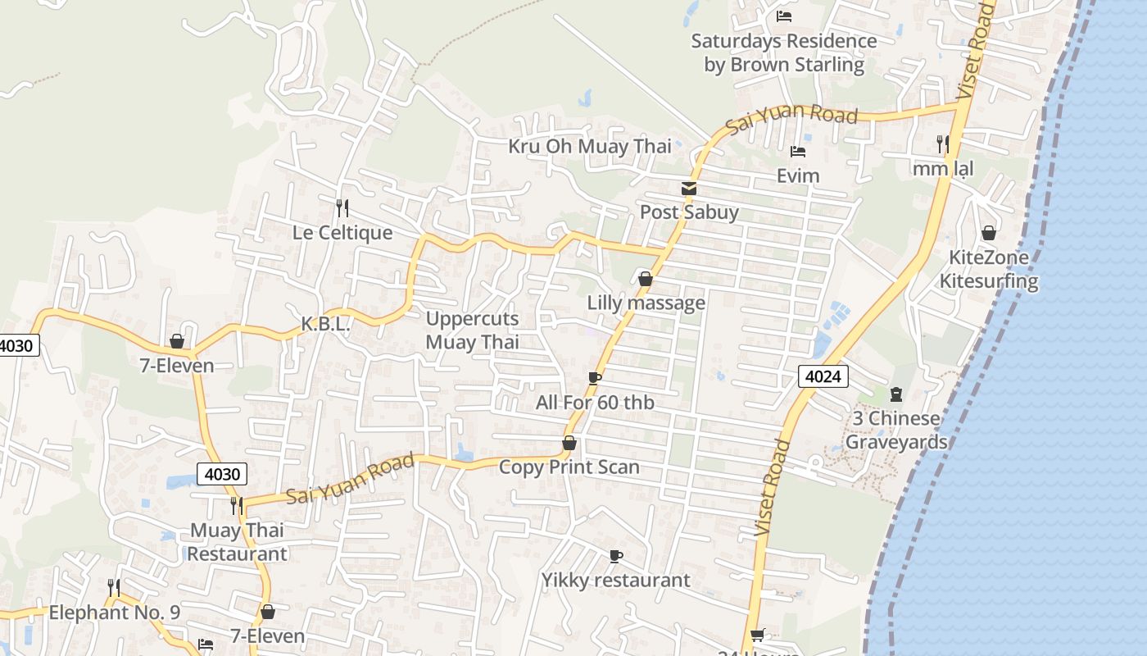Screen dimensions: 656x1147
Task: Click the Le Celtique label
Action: (342, 233)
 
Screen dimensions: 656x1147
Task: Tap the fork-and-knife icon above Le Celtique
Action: (342, 207)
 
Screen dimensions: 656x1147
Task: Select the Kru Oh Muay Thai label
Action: (589, 147)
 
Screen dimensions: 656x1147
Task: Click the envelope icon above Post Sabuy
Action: (689, 189)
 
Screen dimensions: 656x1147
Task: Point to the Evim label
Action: (798, 175)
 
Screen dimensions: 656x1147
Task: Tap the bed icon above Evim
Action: (798, 152)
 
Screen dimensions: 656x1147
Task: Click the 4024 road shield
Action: (823, 376)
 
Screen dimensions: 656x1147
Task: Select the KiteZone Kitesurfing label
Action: (988, 269)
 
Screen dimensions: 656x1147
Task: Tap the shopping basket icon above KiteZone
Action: (989, 233)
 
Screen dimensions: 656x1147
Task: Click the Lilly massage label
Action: (646, 303)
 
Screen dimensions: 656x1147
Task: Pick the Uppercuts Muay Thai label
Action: (472, 330)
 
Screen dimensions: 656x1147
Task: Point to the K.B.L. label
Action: (325, 325)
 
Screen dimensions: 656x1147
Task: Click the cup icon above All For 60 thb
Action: (595, 378)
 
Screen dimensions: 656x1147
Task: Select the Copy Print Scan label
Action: (569, 467)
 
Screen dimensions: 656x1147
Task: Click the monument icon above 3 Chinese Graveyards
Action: (895, 394)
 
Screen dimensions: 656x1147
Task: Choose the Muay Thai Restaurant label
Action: (238, 542)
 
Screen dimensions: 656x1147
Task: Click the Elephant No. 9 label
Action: (114, 613)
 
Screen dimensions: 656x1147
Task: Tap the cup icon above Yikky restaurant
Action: (616, 556)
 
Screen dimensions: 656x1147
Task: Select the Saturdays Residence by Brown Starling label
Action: (784, 52)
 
